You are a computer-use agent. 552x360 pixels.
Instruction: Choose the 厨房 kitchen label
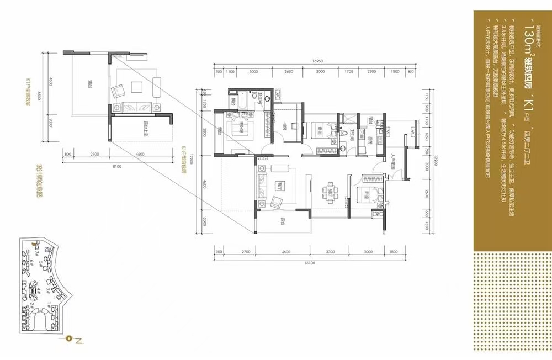click(x=371, y=139)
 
